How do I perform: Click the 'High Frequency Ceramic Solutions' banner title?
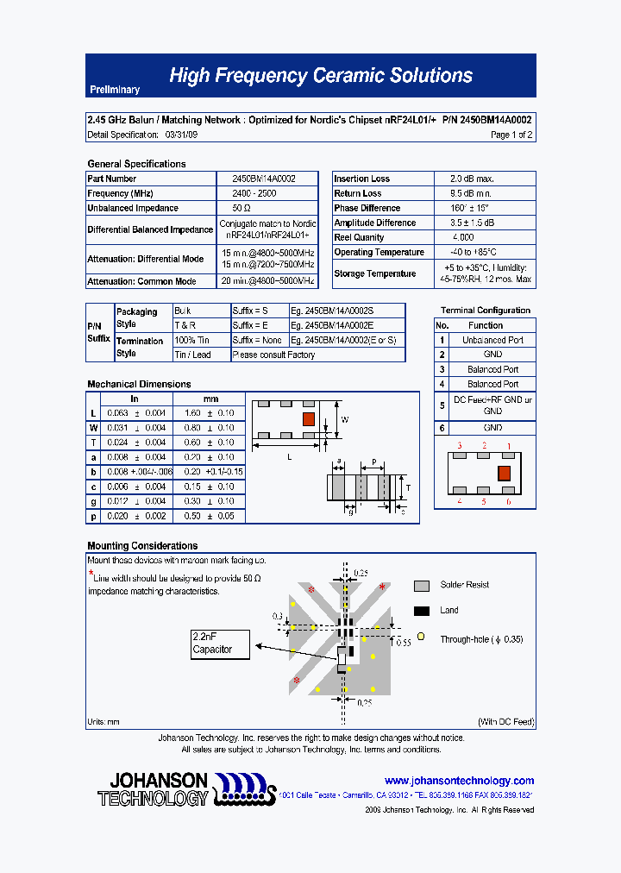click(x=320, y=76)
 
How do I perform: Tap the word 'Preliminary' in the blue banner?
click(x=115, y=91)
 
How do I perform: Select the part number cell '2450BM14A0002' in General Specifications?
click(x=264, y=179)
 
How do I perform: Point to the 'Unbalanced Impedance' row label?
click(x=133, y=208)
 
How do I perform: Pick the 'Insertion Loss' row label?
click(x=362, y=179)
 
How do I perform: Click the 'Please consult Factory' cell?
click(x=274, y=355)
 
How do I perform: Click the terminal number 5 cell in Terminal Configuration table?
click(x=442, y=405)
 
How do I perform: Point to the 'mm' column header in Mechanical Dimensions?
click(x=210, y=399)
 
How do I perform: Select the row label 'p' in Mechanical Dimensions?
click(x=93, y=516)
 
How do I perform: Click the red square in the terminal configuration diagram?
click(x=505, y=473)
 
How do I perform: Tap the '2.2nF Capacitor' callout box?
click(x=221, y=644)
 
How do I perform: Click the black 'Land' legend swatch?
click(x=422, y=611)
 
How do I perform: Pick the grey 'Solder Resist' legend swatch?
click(x=422, y=586)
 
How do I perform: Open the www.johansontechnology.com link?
click(x=459, y=780)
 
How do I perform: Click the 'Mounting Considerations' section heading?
click(x=142, y=545)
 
